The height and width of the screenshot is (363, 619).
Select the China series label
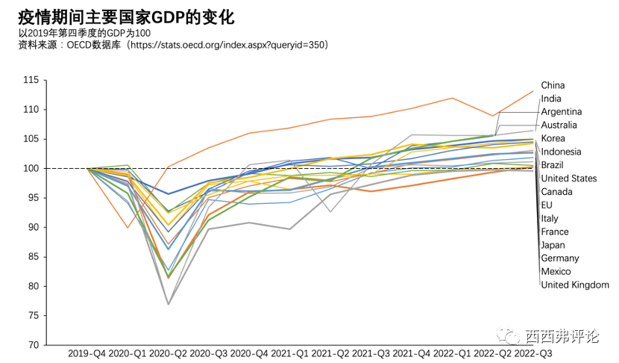[x=553, y=85]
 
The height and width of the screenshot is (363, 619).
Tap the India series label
[x=551, y=99]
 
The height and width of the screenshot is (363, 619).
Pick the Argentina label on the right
[x=562, y=111]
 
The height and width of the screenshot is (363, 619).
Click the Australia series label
[x=559, y=125]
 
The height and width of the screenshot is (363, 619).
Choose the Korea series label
[x=553, y=138]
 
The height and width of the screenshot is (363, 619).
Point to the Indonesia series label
[x=561, y=152]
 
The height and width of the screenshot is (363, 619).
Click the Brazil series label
[x=553, y=164]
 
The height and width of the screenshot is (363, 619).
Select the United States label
[x=568, y=179]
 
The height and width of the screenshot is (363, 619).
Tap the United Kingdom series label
[x=574, y=285]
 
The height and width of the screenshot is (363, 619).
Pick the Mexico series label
[x=556, y=271]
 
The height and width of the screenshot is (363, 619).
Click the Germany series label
[x=559, y=258]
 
